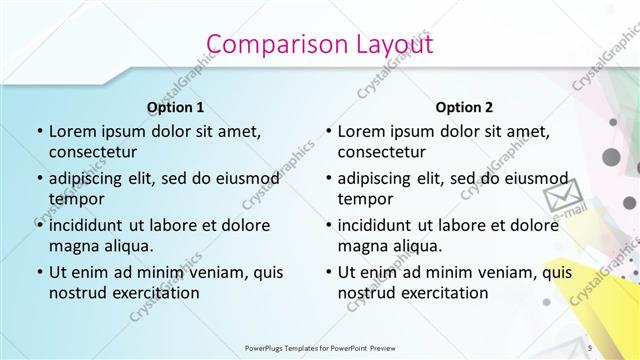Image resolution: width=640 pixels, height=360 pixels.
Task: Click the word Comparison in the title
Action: point(261,44)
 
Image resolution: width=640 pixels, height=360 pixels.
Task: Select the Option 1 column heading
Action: point(175,107)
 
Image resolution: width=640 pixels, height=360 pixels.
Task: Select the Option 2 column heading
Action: point(464,107)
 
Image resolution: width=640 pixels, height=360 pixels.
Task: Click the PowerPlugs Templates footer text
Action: point(319,348)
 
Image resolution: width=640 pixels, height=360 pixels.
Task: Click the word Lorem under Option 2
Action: point(361,131)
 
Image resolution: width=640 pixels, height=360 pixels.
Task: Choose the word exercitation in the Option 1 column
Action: point(154,293)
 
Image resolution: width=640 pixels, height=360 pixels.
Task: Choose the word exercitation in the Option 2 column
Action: point(443,293)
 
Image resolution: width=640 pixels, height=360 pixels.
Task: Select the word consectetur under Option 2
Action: point(382,153)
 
